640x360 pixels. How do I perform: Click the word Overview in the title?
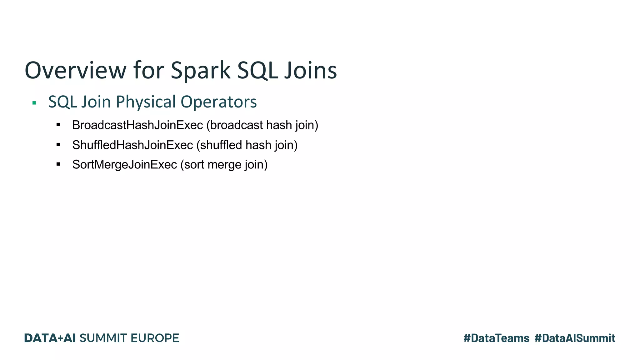[75, 70]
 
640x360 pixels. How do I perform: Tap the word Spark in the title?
[200, 70]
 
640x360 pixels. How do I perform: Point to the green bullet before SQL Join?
[34, 103]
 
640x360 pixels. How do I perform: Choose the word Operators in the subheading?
[219, 102]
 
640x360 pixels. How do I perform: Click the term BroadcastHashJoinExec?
[137, 125]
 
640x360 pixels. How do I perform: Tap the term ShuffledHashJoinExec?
[132, 145]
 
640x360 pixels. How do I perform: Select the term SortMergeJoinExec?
[124, 165]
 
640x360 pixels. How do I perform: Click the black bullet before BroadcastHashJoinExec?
[58, 125]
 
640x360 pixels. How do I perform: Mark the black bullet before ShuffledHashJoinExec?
[58, 145]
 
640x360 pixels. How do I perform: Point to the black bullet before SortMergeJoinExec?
[58, 164]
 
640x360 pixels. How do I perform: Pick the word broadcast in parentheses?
[237, 125]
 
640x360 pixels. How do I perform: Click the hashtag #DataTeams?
[496, 338]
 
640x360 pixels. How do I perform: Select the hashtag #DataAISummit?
[575, 338]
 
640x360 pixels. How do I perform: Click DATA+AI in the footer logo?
[50, 338]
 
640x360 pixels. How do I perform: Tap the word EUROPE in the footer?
[155, 338]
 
